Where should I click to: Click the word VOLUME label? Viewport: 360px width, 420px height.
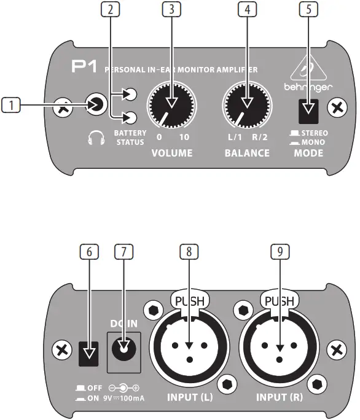pos(173,152)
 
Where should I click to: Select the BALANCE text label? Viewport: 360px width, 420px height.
pos(246,152)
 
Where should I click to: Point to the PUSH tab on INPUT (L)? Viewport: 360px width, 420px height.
pos(189,301)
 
